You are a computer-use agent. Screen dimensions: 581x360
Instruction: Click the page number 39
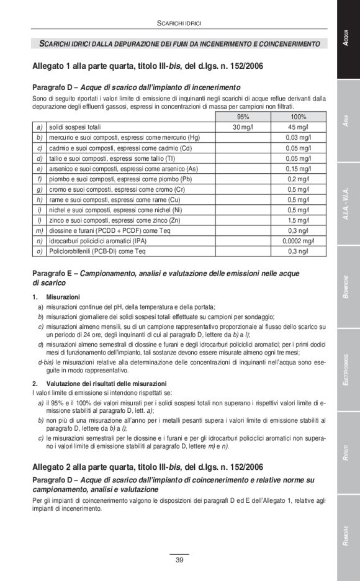(179, 560)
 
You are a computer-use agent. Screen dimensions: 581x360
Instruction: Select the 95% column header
(243, 117)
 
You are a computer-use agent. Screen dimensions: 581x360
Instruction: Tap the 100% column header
(299, 117)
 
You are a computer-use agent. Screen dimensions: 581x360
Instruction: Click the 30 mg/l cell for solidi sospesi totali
(243, 127)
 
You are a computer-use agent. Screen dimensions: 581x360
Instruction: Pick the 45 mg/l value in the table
(299, 127)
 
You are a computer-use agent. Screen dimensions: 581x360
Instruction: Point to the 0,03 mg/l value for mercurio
(299, 137)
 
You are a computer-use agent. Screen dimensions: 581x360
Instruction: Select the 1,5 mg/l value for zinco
(299, 220)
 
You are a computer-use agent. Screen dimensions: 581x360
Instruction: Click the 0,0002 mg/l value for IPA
(299, 241)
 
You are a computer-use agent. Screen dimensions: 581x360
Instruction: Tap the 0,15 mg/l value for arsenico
(299, 168)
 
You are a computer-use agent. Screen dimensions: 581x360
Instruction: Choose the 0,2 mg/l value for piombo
(299, 179)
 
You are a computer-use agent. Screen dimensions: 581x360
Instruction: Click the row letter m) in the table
(38, 230)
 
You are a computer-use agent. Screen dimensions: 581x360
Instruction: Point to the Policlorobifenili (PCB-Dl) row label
(97, 251)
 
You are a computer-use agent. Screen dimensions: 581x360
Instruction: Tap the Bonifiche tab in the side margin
(348, 287)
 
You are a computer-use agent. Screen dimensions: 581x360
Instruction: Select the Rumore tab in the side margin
(348, 536)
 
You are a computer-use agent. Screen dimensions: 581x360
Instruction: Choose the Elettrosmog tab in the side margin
(348, 370)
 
